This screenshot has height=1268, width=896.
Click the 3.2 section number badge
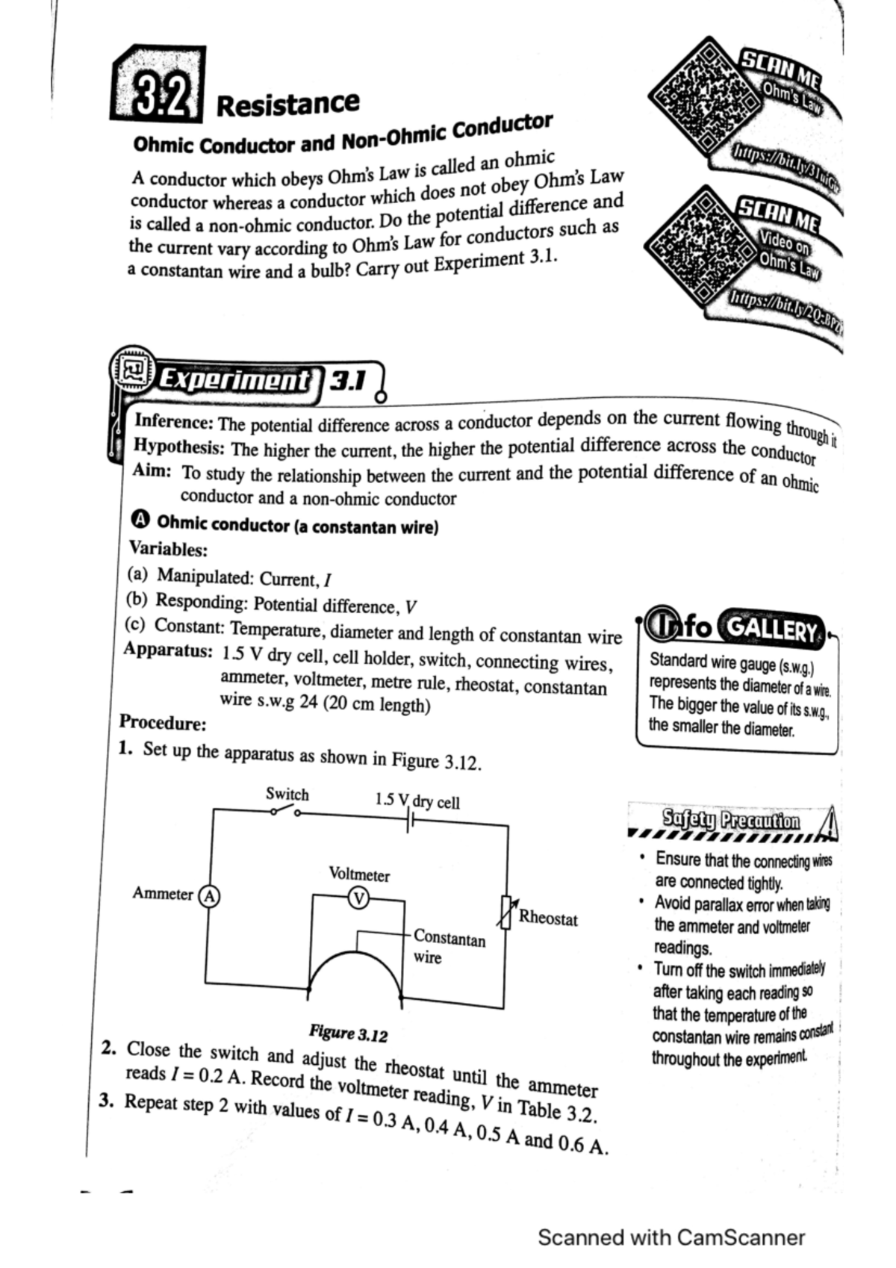(158, 85)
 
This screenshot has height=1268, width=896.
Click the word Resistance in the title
(287, 104)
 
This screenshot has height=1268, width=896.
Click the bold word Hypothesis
(178, 447)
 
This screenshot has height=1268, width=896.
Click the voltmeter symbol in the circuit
(358, 898)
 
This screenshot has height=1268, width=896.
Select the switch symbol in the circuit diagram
(286, 812)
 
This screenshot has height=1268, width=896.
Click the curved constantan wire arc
(356, 963)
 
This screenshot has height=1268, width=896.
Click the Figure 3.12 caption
(349, 1034)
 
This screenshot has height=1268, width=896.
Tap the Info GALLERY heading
(735, 629)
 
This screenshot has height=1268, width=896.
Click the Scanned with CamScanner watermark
(671, 1237)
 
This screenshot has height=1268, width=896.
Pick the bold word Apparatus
(168, 650)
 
